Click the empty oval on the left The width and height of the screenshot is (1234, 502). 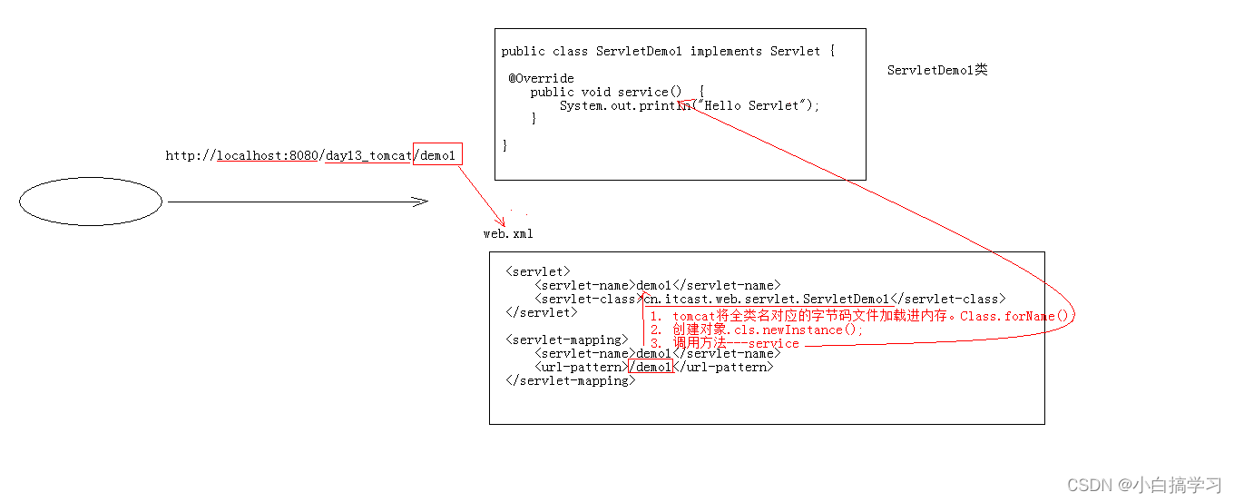90,201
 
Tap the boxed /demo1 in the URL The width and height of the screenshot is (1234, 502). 437,155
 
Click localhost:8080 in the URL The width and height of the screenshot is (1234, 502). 267,156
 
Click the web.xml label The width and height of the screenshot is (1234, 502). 508,234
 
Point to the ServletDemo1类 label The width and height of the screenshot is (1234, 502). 937,70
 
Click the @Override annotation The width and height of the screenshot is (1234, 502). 541,78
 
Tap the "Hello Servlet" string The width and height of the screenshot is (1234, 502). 752,105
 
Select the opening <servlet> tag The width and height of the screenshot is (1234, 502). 538,271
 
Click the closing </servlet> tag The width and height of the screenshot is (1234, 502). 541,312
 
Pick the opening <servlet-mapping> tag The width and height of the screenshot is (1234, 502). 566,340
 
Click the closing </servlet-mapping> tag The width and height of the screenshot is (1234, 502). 570,381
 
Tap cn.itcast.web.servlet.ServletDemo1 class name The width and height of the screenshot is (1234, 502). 767,299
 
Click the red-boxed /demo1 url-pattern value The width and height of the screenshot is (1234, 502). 651,367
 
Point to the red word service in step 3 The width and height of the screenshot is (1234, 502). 773,344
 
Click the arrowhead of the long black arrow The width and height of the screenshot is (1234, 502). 419,202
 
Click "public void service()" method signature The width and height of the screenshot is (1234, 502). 605,92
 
